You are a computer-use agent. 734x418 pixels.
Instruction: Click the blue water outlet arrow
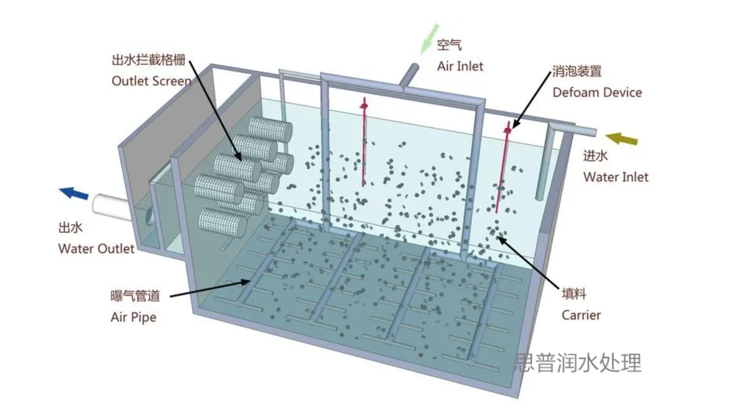click(x=74, y=193)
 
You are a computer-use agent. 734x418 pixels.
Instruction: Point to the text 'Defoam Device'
click(x=597, y=93)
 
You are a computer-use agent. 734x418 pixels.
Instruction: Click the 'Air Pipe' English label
click(x=133, y=317)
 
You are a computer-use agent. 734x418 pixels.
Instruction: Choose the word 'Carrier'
click(x=581, y=315)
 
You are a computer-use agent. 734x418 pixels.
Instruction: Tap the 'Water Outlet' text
click(x=96, y=249)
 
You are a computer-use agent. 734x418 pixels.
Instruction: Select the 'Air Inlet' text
click(x=460, y=66)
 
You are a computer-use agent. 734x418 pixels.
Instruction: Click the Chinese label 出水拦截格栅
click(x=148, y=60)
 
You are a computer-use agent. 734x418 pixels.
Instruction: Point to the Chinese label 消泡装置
click(x=577, y=71)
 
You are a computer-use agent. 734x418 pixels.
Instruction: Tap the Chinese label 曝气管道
click(x=135, y=296)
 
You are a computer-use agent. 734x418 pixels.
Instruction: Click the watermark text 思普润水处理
click(x=578, y=363)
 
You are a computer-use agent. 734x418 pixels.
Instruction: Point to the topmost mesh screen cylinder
click(x=270, y=130)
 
